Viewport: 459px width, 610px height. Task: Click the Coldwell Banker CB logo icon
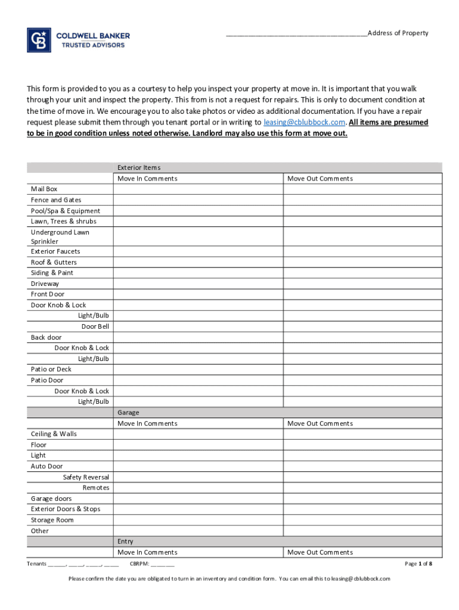click(39, 40)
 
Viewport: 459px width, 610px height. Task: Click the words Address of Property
click(398, 33)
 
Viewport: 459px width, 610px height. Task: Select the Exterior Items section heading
click(139, 168)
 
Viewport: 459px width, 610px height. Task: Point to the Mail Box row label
click(44, 189)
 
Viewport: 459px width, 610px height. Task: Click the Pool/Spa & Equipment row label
click(66, 211)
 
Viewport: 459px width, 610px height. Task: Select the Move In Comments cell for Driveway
click(198, 284)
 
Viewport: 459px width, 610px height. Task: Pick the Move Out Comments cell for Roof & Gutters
click(362, 262)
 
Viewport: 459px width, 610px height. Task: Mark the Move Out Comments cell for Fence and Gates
click(362, 200)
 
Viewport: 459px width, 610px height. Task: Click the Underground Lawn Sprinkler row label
click(60, 237)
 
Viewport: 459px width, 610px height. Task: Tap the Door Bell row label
click(95, 326)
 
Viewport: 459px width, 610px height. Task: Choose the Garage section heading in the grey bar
click(128, 412)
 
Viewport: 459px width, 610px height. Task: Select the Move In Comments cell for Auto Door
click(198, 466)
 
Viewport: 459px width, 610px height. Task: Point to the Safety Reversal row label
click(86, 477)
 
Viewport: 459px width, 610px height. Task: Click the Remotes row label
click(96, 488)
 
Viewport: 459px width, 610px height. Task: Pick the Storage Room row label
click(52, 520)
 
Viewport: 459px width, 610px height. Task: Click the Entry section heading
click(125, 541)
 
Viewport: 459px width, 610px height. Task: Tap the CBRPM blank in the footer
click(162, 564)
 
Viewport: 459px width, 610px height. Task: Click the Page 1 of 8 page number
click(418, 564)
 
